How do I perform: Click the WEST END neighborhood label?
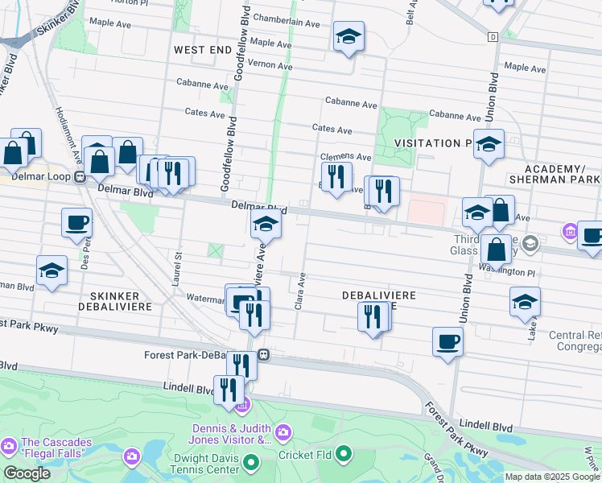pos(203,49)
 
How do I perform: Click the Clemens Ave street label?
pos(345,157)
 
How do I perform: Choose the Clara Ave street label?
pos(303,291)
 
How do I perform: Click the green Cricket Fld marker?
pos(344,455)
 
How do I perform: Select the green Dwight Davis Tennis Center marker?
pos(251,463)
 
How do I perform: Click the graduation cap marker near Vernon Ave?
pos(348,37)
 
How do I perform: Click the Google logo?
pos(27,473)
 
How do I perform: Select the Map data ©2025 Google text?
pos(552,477)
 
